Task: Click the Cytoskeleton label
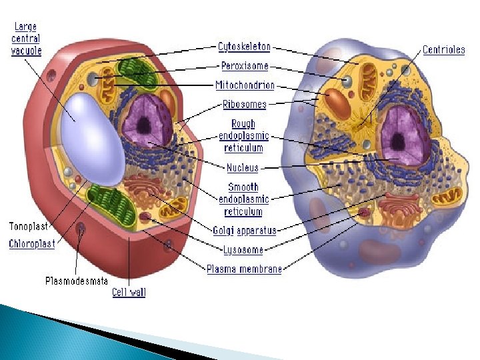tap(245, 47)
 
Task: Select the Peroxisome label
tap(244, 66)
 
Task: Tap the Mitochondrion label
tap(245, 85)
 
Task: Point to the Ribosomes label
tap(244, 105)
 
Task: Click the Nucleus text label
tap(243, 168)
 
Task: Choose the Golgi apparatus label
tap(245, 231)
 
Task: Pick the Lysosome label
tap(243, 250)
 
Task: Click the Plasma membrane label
tap(244, 269)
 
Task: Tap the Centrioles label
tap(443, 50)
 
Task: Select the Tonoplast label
tap(27, 227)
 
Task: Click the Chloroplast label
tap(32, 244)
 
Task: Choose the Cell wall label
tap(129, 292)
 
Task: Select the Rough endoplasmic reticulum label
tap(243, 136)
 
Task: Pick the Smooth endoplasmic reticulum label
tap(243, 199)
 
